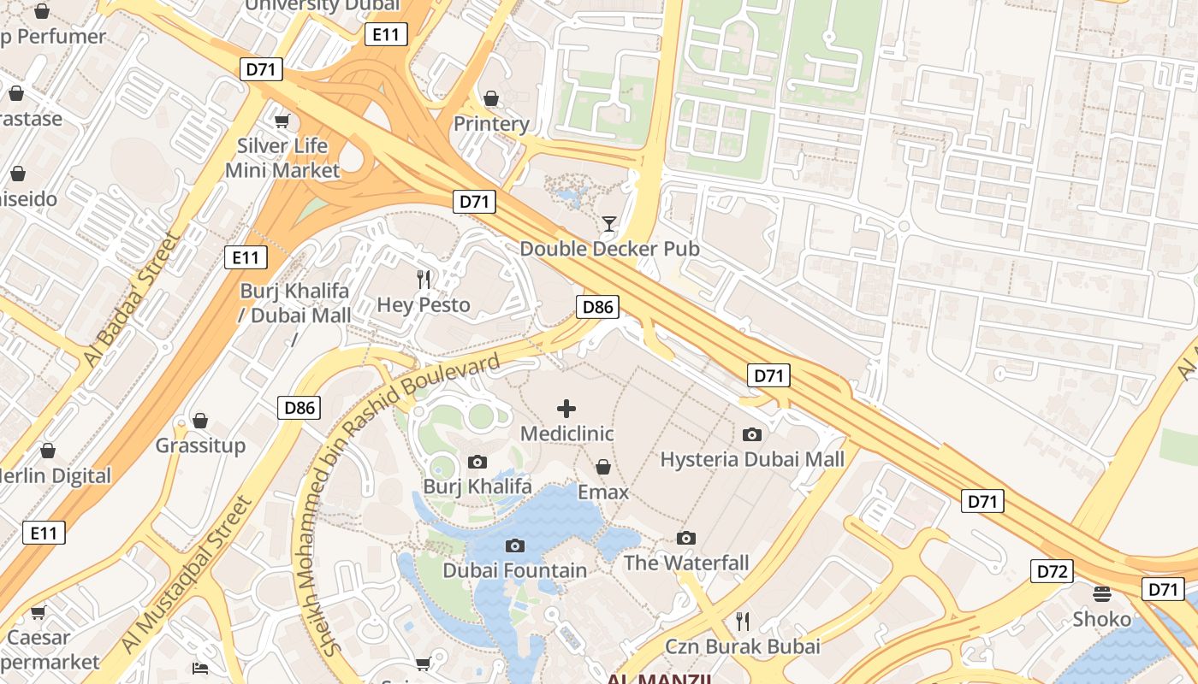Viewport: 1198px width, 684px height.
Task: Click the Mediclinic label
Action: click(567, 433)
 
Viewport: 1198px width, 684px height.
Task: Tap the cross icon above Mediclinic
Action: click(566, 409)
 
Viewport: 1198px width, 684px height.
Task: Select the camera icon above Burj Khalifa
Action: click(477, 463)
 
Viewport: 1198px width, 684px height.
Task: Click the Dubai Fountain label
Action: click(515, 570)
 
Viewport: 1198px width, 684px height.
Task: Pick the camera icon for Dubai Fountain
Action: click(515, 545)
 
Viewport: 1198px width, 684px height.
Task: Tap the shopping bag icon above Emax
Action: click(603, 467)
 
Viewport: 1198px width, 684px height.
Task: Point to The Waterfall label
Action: click(686, 563)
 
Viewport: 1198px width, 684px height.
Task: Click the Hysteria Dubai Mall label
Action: click(752, 459)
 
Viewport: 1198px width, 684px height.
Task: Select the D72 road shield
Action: click(1051, 571)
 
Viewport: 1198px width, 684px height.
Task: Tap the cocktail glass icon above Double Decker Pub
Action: click(609, 224)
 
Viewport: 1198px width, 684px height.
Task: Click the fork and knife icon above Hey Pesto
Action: click(424, 279)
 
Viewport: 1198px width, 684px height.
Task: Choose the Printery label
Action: click(491, 124)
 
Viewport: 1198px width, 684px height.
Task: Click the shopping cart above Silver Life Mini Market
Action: click(282, 121)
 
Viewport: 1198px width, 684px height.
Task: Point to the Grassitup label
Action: click(200, 445)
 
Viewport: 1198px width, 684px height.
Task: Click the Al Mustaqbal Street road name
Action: click(189, 573)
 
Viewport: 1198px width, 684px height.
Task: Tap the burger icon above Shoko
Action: click(1102, 593)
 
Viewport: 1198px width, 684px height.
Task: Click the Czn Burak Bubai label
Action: click(743, 646)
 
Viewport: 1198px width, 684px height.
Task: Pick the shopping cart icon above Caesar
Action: click(38, 612)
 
